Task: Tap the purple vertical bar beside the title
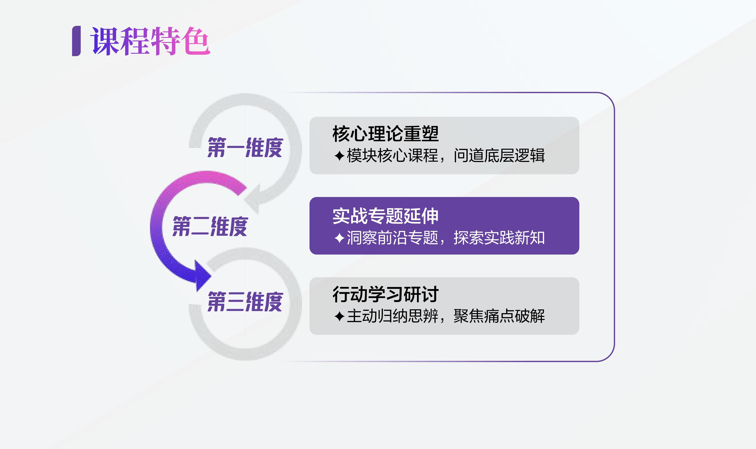(x=76, y=41)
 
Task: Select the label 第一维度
(x=245, y=147)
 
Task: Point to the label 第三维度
(x=245, y=302)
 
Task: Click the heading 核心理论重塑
(x=385, y=133)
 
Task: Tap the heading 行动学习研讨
(x=385, y=294)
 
